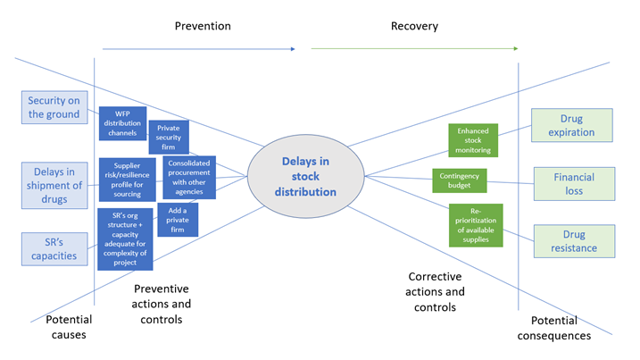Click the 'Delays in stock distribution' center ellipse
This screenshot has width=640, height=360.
(305, 176)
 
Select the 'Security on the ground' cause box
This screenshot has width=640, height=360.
(54, 107)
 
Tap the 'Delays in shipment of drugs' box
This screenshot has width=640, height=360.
(54, 186)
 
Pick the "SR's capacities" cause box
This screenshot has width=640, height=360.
(54, 249)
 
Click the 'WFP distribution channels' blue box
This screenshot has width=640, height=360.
(122, 123)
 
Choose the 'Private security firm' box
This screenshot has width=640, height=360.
(169, 138)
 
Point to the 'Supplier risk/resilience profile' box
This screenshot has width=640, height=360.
(127, 180)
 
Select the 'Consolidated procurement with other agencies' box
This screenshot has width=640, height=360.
(189, 178)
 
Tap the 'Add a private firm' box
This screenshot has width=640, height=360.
(178, 220)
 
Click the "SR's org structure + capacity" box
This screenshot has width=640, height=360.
(125, 239)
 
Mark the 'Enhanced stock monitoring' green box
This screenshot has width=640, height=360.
(473, 140)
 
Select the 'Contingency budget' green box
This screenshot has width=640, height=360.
(460, 180)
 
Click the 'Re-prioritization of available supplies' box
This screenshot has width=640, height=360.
(476, 225)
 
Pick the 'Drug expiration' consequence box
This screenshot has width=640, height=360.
(572, 125)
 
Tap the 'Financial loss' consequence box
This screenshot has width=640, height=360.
(574, 184)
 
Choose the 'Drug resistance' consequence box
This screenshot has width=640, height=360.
(574, 241)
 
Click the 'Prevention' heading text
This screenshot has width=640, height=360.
(203, 26)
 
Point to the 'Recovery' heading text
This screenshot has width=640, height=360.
(414, 26)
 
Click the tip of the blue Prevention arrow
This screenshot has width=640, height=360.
(295, 49)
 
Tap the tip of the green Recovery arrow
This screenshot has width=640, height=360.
(518, 48)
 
